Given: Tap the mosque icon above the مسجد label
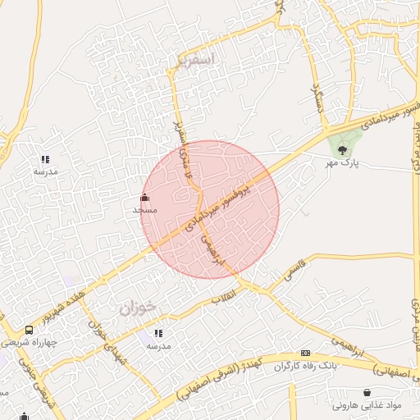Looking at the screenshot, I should [x=145, y=197].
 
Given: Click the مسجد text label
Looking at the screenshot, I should [x=145, y=210].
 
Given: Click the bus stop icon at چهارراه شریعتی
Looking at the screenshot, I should [x=30, y=330].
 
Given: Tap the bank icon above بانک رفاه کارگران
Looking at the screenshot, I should [x=306, y=353].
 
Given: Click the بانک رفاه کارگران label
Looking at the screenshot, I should [x=306, y=365].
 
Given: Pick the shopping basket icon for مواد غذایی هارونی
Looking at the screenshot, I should [x=366, y=393].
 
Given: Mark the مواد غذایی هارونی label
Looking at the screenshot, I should [x=366, y=406].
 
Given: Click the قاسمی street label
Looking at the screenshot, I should [x=293, y=272].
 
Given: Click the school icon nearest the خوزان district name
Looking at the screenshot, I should [x=158, y=333].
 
